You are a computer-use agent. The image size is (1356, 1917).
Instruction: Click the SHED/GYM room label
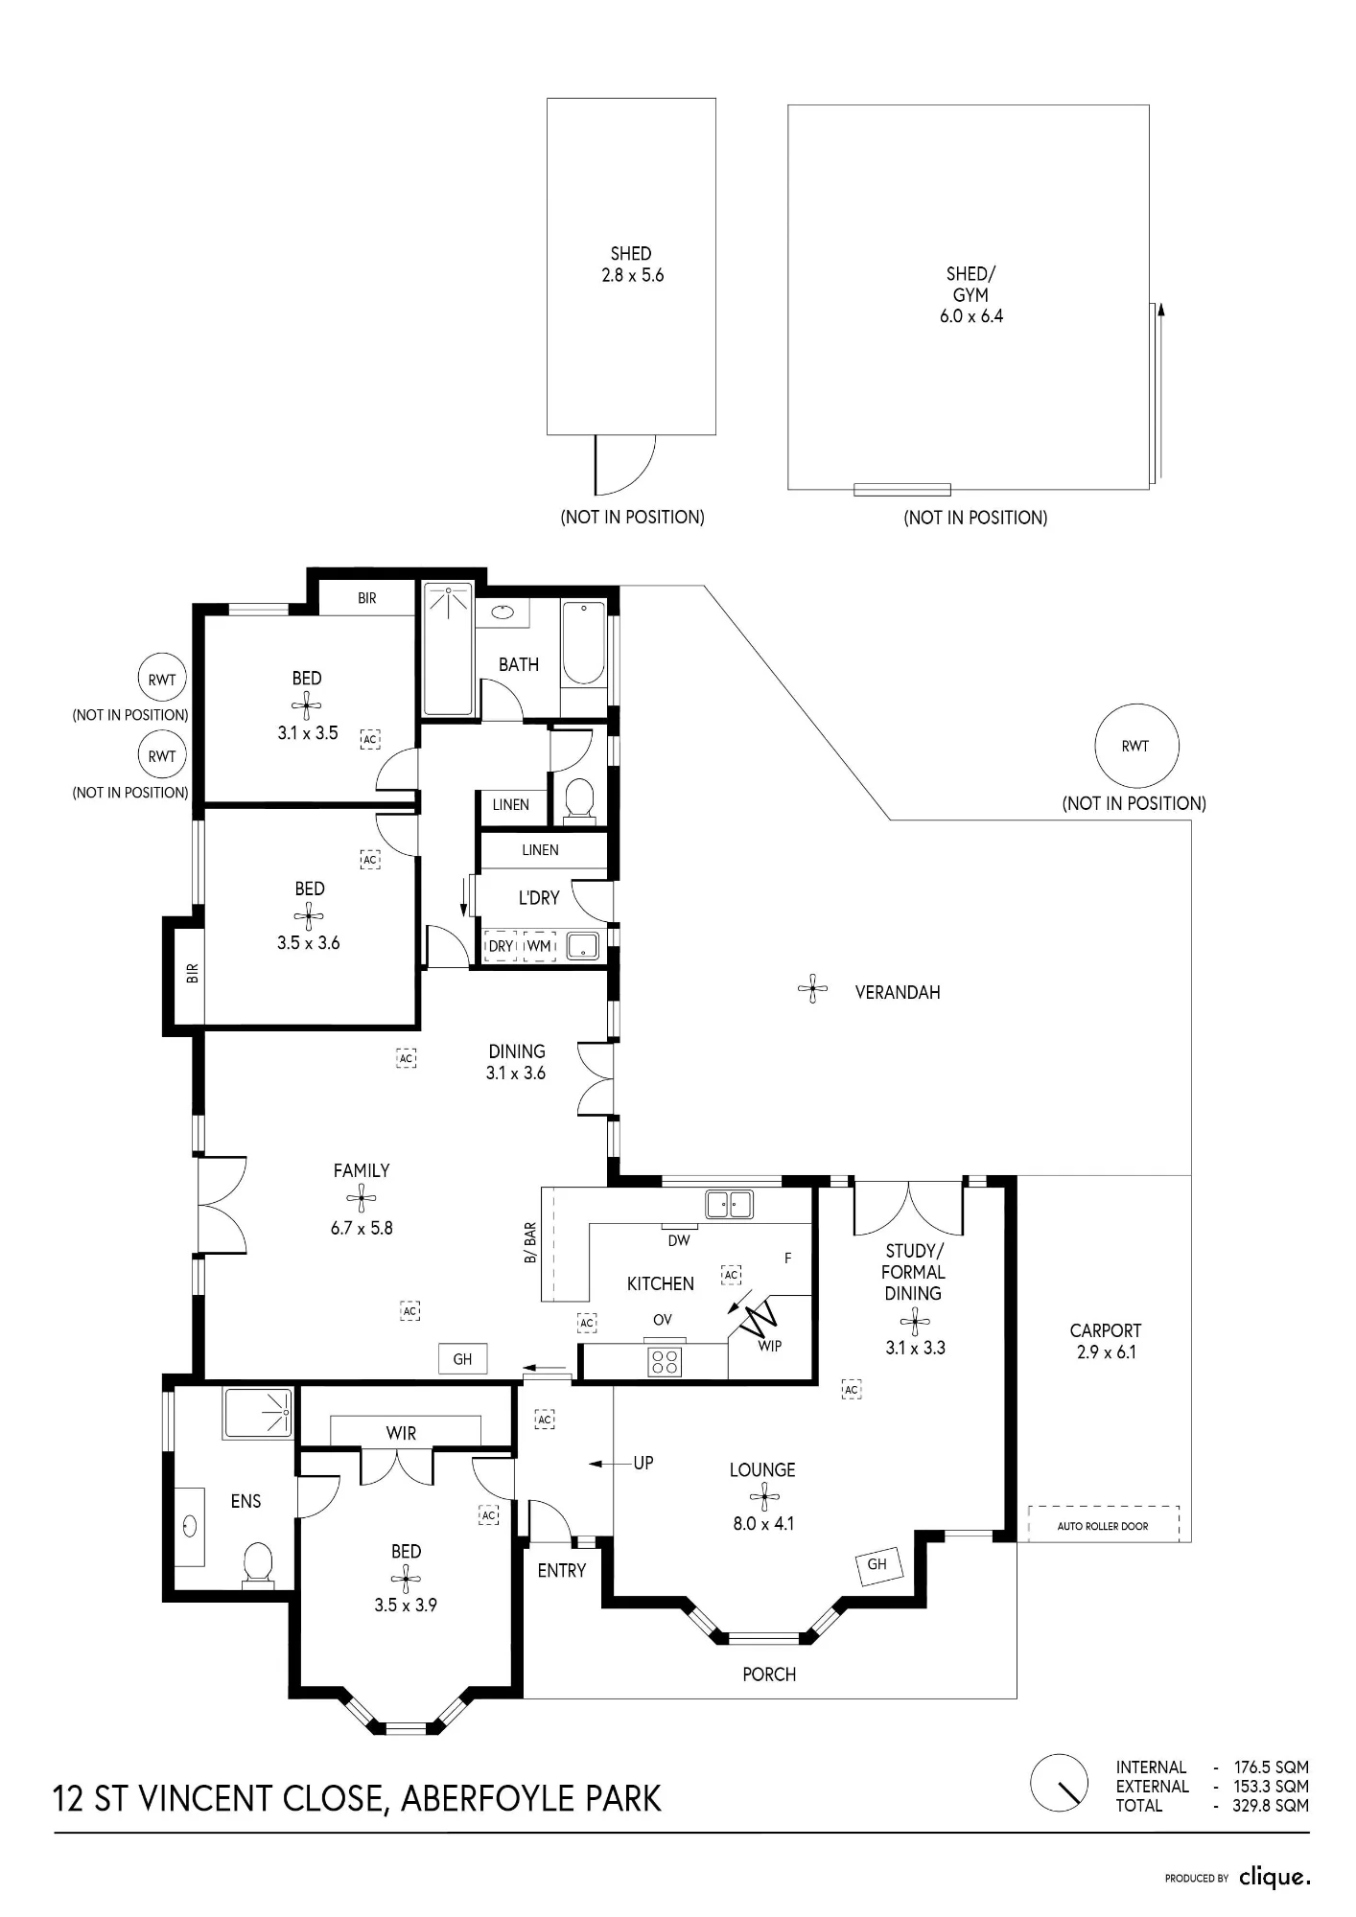coord(970,285)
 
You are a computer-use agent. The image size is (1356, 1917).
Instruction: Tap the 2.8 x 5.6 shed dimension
coord(632,275)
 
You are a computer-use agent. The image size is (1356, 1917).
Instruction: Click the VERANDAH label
coord(898,992)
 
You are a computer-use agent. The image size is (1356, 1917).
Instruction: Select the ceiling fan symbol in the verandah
coord(812,988)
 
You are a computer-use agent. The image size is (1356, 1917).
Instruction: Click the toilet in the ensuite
coord(258,1563)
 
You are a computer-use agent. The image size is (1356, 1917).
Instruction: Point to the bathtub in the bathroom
coord(583,642)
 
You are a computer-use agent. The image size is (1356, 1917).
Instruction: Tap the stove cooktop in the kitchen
coord(665,1361)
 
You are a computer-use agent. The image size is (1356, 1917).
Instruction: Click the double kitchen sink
coord(730,1204)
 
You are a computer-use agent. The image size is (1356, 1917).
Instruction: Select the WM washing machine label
coord(539,946)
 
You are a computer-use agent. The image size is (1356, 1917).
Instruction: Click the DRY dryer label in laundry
coord(501,946)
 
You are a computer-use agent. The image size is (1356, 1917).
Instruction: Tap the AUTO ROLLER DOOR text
coord(1103,1526)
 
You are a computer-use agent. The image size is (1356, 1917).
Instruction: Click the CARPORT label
coord(1106,1330)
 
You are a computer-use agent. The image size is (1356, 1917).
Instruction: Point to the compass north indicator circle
coord(1059,1783)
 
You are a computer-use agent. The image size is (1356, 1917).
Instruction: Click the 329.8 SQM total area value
coord(1271,1806)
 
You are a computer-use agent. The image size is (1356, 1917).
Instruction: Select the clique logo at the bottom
coord(1274,1877)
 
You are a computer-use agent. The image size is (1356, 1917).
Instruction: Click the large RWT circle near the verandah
coord(1136,746)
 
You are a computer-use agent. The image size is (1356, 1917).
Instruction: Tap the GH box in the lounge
coord(877,1564)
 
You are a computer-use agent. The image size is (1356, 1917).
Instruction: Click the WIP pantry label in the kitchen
coord(770,1346)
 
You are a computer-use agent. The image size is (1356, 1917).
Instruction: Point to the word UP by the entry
coord(643,1463)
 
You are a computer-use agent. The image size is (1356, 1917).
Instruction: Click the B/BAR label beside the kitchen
coord(530,1243)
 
